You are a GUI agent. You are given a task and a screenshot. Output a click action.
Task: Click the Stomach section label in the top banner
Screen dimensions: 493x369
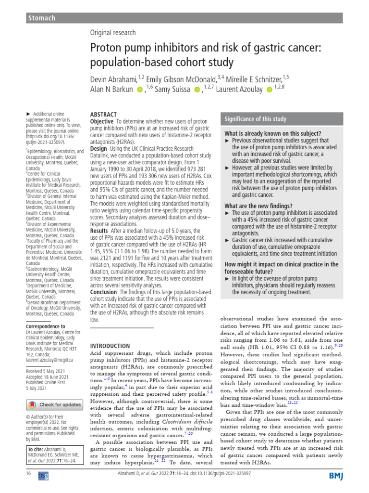[41, 18]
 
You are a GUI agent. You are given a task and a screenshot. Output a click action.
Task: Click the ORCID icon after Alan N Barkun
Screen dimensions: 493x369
[140, 90]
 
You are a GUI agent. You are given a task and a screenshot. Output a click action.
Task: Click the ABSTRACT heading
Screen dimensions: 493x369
[103, 115]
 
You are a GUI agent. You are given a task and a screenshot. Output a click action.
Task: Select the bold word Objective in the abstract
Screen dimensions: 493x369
[102, 122]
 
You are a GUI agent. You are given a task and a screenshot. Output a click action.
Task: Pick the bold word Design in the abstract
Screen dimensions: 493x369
[99, 150]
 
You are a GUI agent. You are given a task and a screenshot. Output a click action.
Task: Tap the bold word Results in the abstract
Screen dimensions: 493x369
[99, 232]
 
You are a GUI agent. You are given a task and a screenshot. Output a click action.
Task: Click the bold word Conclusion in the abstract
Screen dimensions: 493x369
[103, 292]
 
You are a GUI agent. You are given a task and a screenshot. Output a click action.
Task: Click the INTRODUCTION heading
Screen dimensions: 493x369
[110, 346]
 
